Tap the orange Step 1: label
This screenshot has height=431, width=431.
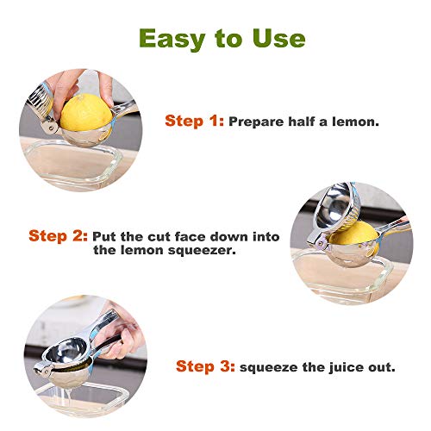194,122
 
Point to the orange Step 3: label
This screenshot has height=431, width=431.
205,366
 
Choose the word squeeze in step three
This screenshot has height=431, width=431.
269,366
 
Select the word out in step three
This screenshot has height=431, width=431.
383,366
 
